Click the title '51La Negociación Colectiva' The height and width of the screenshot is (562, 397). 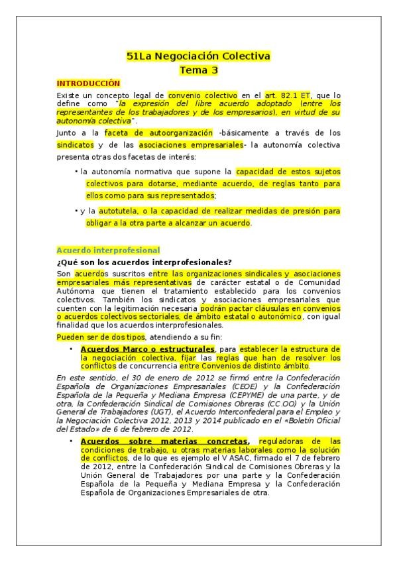point(198,56)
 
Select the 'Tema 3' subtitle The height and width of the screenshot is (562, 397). point(198,70)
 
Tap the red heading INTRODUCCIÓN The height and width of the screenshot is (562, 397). point(88,84)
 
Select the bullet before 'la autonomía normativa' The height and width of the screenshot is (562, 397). point(76,171)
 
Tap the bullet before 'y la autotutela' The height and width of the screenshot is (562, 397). point(76,211)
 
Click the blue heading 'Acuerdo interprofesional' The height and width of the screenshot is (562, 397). point(108,250)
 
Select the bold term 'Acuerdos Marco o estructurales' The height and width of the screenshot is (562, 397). point(147,349)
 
